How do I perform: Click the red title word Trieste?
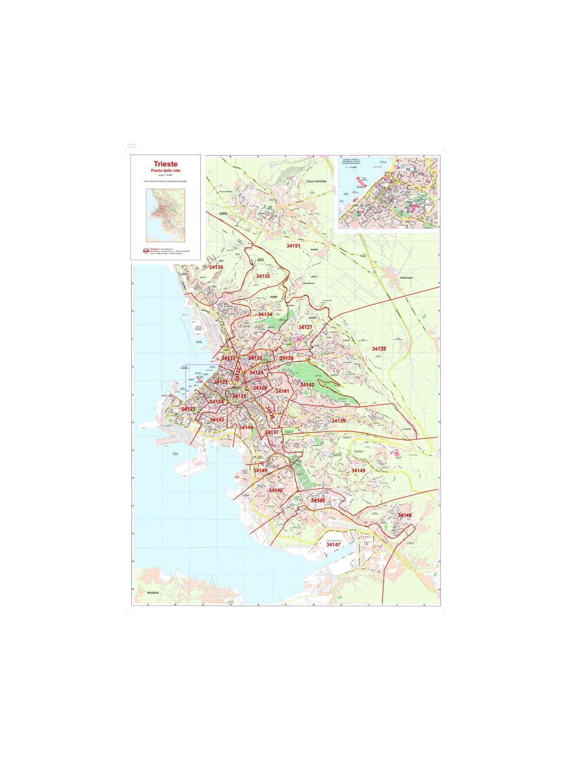[x=165, y=164]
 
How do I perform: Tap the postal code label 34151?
[x=293, y=246]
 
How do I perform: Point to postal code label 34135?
[x=263, y=276]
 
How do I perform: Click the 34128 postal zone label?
[x=379, y=349]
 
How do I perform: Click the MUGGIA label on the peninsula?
[x=153, y=593]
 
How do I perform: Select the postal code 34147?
[x=333, y=545]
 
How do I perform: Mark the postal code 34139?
[x=338, y=421]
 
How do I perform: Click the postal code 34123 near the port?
[x=188, y=409]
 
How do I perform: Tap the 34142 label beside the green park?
[x=307, y=384]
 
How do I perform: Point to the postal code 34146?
[x=275, y=490]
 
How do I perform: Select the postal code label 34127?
[x=305, y=327]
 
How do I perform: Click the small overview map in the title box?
[x=165, y=214]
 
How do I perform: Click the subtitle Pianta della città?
[x=165, y=170]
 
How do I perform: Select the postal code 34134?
[x=265, y=314]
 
